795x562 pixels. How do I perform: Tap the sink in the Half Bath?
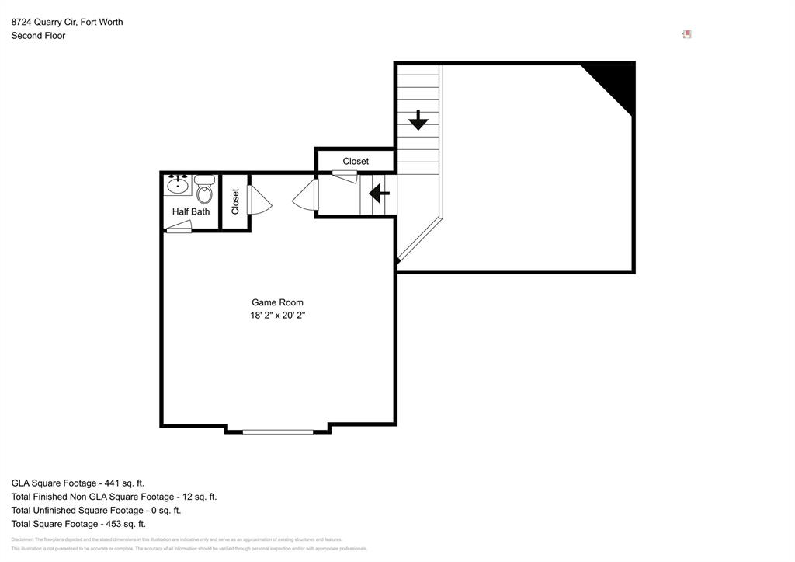pos(179,185)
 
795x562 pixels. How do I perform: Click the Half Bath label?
pos(191,211)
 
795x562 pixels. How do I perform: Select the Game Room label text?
pos(277,302)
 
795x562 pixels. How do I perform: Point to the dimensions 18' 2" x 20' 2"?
pos(277,316)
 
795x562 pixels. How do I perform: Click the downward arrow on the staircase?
pos(418,120)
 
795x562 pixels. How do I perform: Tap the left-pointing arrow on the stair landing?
pos(379,192)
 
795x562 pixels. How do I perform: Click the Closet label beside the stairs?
pos(356,161)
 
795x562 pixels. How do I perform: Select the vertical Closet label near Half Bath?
pos(235,201)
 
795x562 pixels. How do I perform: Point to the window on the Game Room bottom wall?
pos(278,431)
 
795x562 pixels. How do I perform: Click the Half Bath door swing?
pos(179,227)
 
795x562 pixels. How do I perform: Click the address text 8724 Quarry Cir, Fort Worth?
pos(67,22)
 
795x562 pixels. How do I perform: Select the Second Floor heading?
pos(38,36)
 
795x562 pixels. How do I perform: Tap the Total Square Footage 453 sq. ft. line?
pos(78,524)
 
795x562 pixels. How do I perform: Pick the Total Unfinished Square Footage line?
pos(95,510)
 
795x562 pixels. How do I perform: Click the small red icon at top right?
pos(686,34)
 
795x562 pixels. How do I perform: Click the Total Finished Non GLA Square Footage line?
pos(113,497)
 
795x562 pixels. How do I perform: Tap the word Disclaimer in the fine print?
pos(22,539)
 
